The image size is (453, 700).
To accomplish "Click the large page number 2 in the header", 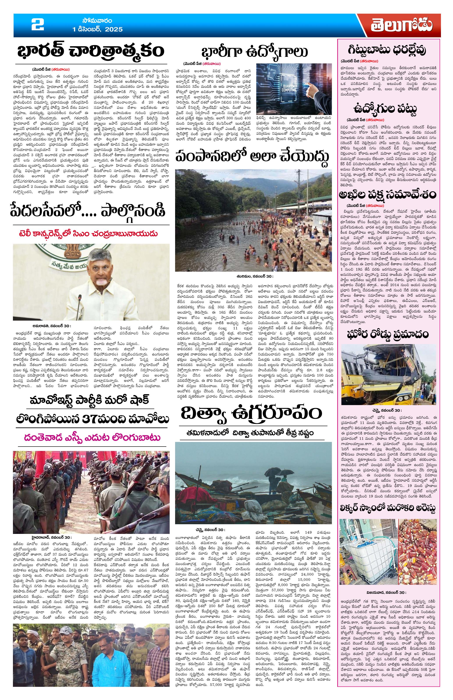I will point(38,25).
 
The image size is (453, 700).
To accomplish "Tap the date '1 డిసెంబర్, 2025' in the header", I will point(98,29).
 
